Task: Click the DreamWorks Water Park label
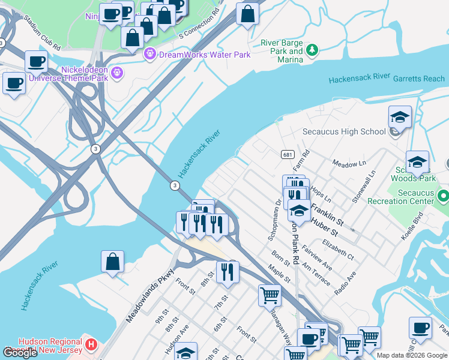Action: point(204,55)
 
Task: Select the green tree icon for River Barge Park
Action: point(312,50)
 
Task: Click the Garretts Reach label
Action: point(419,79)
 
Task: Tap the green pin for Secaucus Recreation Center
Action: point(443,196)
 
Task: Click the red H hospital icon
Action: point(91,344)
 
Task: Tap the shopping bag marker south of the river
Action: point(112,263)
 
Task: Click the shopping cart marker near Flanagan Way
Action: point(270,295)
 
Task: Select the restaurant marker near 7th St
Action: point(228,272)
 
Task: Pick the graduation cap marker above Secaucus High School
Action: point(400,118)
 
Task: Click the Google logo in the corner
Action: point(20,353)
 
